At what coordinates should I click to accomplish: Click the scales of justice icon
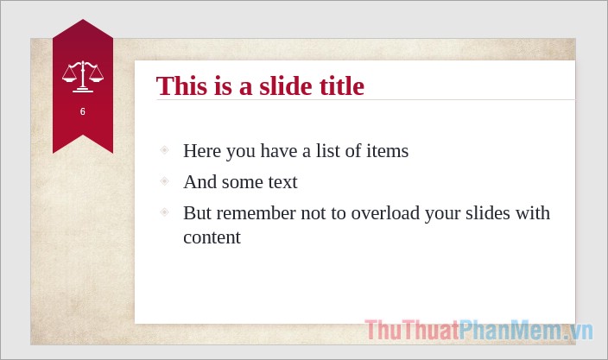82,76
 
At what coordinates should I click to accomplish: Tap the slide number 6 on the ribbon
83,112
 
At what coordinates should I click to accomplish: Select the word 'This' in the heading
182,86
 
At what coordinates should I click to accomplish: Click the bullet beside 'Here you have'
164,150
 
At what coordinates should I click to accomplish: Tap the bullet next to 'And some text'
164,181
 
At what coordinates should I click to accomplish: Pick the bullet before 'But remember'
164,212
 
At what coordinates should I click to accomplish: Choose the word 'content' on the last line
212,237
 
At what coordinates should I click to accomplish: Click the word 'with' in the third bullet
533,213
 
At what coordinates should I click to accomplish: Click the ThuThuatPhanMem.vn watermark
478,331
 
